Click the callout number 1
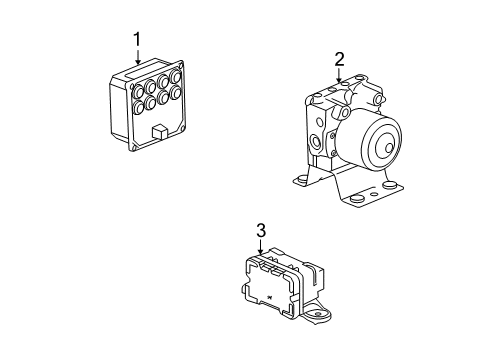pyautogui.click(x=137, y=40)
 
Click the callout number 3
pyautogui.click(x=260, y=231)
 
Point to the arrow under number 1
pyautogui.click(x=137, y=59)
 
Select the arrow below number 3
pyautogui.click(x=260, y=249)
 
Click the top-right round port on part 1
pyautogui.click(x=175, y=77)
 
